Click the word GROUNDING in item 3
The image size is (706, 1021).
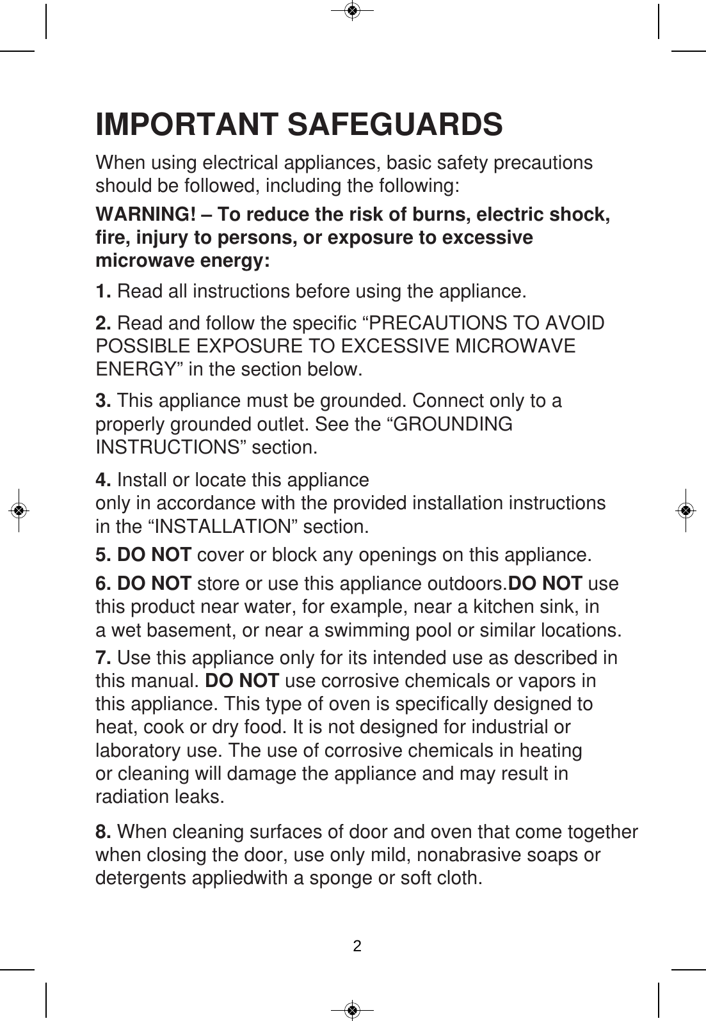[x=454, y=424]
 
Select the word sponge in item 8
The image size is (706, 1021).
[x=341, y=878]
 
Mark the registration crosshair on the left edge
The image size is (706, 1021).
[x=19, y=510]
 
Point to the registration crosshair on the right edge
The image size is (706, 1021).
[x=686, y=510]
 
